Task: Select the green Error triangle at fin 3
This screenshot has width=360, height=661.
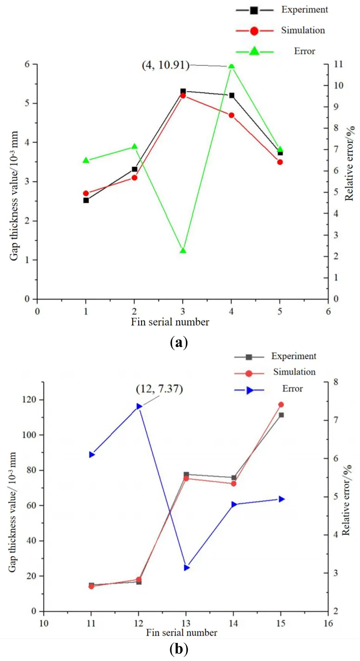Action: coord(183,250)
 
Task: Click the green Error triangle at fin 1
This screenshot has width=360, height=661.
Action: coord(86,160)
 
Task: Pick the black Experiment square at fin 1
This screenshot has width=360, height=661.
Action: coord(86,200)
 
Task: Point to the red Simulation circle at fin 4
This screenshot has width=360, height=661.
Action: coord(231,115)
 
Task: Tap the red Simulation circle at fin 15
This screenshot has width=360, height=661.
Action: coord(281,404)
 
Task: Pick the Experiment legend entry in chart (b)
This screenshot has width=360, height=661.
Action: coord(294,356)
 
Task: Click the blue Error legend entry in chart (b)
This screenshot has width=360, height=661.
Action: coord(292,389)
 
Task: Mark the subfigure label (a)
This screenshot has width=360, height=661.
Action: coord(180,344)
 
